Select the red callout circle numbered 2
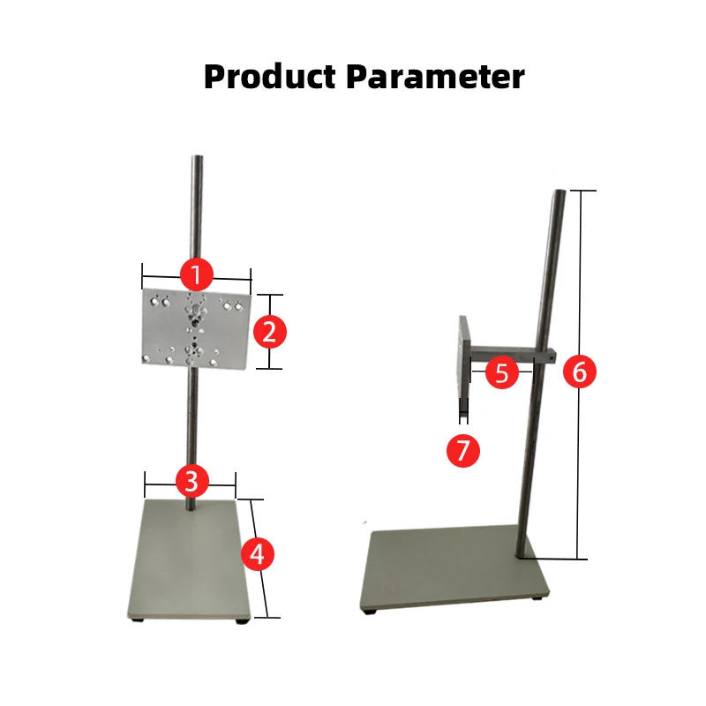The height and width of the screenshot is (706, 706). click(270, 332)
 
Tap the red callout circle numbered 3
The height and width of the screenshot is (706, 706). click(192, 481)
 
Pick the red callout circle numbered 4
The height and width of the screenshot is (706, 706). click(257, 555)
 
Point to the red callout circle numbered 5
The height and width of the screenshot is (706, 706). click(502, 372)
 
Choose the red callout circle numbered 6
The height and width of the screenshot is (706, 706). click(579, 372)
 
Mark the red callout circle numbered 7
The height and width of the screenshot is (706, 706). click(463, 451)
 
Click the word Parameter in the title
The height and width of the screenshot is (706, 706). click(435, 77)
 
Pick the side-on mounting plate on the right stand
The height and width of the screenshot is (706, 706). click(463, 357)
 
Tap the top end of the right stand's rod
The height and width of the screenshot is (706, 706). click(560, 193)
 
